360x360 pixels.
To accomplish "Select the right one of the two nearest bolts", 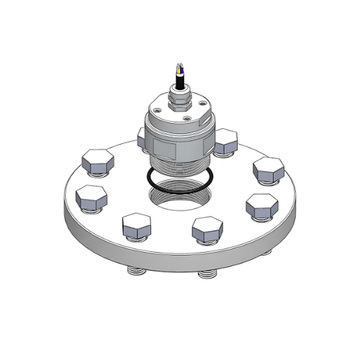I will tap(207, 229).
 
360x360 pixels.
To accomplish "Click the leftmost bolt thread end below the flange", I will tap(135, 273).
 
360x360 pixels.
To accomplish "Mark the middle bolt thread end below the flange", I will tap(207, 274).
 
